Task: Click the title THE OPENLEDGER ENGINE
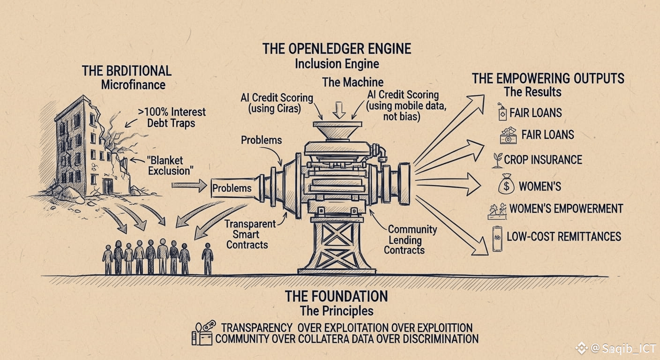click(336, 49)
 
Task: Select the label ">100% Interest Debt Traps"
click(172, 118)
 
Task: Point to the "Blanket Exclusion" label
click(171, 165)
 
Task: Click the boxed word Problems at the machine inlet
click(232, 188)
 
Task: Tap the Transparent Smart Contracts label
click(247, 234)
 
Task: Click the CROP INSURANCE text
click(543, 160)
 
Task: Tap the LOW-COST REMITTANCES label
click(563, 236)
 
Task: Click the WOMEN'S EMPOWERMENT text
click(566, 209)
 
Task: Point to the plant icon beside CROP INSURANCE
click(497, 160)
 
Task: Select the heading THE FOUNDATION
click(336, 296)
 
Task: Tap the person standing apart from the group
click(207, 258)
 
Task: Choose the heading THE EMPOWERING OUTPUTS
click(547, 78)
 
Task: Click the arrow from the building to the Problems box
click(189, 186)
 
